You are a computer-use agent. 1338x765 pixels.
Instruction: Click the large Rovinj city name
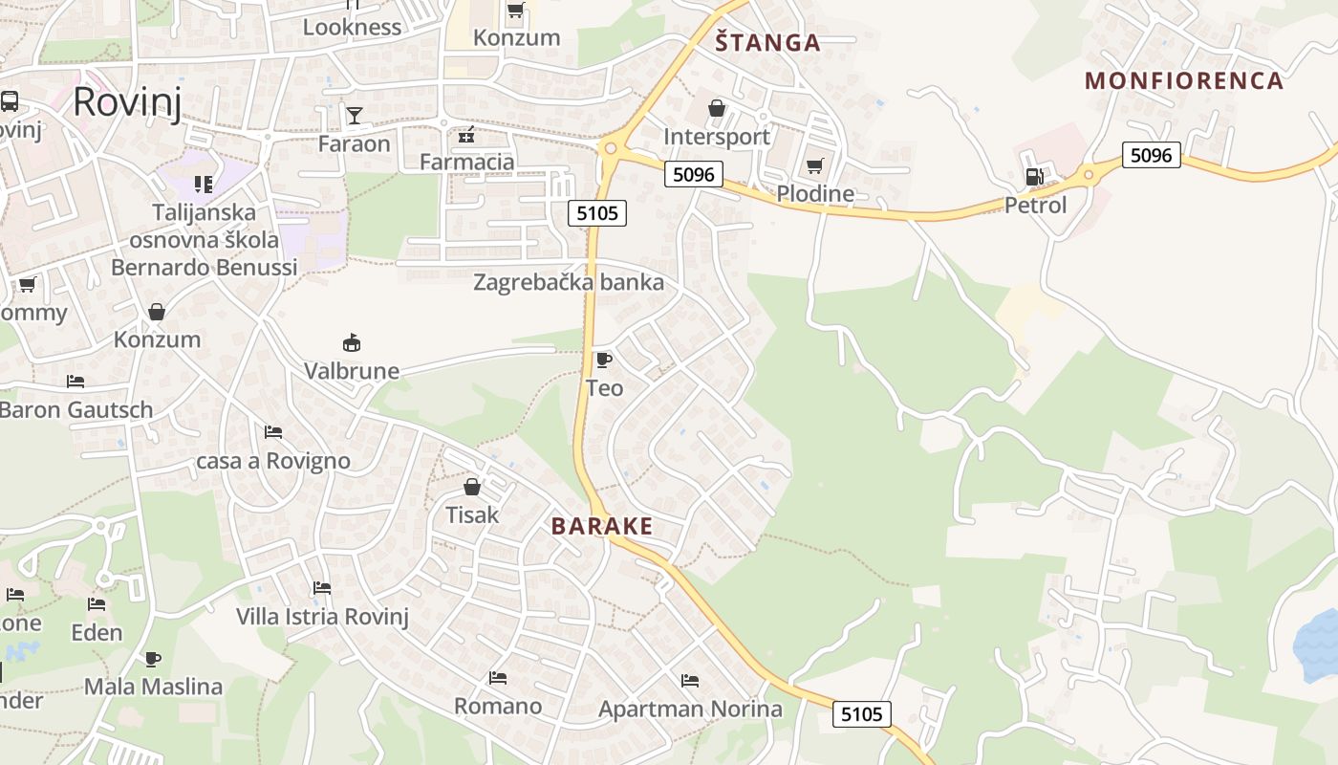[x=126, y=100]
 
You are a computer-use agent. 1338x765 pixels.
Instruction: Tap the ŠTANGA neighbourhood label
[x=768, y=43]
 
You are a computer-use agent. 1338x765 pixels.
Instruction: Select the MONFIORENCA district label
[x=1184, y=80]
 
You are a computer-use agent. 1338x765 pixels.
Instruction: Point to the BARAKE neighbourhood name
[x=602, y=526]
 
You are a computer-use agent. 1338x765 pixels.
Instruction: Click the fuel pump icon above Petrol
[x=1033, y=176]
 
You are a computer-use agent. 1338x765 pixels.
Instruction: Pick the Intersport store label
[x=717, y=137]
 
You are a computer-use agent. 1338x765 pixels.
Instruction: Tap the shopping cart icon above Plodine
[x=814, y=166]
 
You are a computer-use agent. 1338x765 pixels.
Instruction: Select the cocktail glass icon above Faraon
[x=355, y=116]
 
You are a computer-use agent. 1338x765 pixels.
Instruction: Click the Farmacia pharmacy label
[x=466, y=162]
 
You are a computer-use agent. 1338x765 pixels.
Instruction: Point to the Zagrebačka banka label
[x=569, y=282]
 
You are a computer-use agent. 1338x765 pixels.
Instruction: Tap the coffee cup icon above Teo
[x=603, y=360]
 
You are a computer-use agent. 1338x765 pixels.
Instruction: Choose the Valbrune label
[x=352, y=371]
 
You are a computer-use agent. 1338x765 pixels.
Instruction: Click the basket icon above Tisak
[x=471, y=487]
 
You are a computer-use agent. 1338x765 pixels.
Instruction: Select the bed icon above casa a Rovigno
[x=273, y=432]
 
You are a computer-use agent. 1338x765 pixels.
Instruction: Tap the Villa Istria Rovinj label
[x=322, y=617]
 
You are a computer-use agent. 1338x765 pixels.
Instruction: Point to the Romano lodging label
[x=497, y=707]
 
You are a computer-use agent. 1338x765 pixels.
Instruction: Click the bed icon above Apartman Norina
[x=690, y=681]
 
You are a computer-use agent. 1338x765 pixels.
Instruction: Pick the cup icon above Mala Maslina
[x=153, y=658]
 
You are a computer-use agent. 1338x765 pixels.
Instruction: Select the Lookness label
[x=352, y=27]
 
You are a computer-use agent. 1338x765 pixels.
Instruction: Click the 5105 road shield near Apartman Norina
[x=862, y=713]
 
